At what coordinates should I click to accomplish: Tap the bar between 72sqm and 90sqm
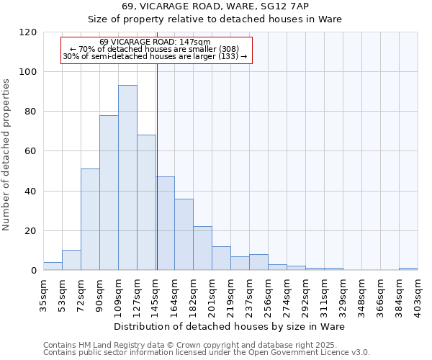coord(90,220)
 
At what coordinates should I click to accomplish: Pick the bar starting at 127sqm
coord(146,202)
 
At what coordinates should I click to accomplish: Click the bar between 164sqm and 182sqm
coord(184,235)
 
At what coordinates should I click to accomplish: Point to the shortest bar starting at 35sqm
coord(53,266)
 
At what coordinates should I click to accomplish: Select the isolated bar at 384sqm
coord(408,269)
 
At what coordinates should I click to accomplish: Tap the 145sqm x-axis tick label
coord(156,294)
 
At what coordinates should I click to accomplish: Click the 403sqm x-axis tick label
coord(418,294)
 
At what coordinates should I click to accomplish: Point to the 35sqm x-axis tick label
coord(44,293)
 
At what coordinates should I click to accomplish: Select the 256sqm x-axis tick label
coord(269,294)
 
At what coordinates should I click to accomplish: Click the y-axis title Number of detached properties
coord(7,155)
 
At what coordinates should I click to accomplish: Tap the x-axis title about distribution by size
coord(229,326)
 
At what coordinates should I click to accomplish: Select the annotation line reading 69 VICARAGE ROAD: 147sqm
coord(156,42)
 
